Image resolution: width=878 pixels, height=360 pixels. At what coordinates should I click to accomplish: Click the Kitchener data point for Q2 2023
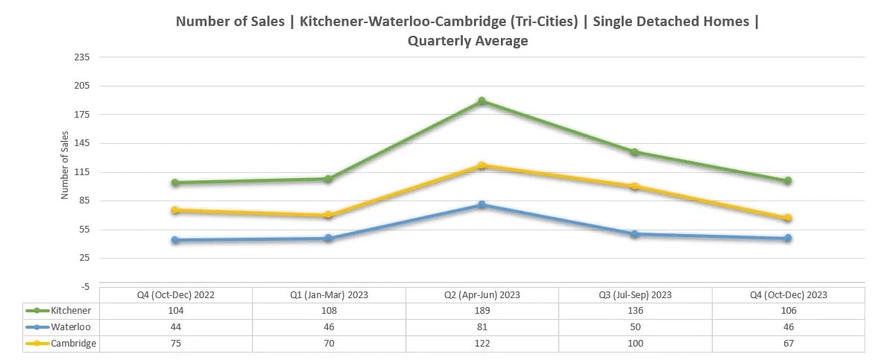(482, 101)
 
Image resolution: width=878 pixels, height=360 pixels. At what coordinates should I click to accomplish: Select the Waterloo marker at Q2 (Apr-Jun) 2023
(482, 204)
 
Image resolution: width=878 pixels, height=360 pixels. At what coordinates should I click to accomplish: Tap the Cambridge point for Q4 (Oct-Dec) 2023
(789, 218)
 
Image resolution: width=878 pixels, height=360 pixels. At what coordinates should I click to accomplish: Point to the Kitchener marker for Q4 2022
(174, 183)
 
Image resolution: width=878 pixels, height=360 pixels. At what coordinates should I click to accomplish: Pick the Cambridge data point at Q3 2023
(635, 186)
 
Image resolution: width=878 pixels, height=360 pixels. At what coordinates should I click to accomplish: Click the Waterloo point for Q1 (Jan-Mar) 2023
(328, 239)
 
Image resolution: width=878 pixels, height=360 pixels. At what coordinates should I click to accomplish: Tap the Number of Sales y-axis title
(65, 165)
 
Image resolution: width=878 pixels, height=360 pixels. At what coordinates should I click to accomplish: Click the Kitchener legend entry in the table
(71, 311)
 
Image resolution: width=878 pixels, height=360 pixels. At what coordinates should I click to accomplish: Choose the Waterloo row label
(71, 327)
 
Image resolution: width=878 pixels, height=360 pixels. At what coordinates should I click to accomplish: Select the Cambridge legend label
(73, 344)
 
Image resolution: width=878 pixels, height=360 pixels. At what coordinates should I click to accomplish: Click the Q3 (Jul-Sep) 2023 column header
(635, 294)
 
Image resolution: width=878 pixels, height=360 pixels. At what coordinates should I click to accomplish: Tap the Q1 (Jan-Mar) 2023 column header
(329, 294)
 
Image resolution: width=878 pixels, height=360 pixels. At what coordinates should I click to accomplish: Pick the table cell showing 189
(482, 311)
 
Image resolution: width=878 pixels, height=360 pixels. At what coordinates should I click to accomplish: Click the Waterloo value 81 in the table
(482, 327)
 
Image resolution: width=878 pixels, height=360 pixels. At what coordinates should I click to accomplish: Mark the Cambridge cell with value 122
(482, 344)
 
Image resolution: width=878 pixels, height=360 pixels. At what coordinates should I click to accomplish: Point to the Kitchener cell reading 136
(635, 311)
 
